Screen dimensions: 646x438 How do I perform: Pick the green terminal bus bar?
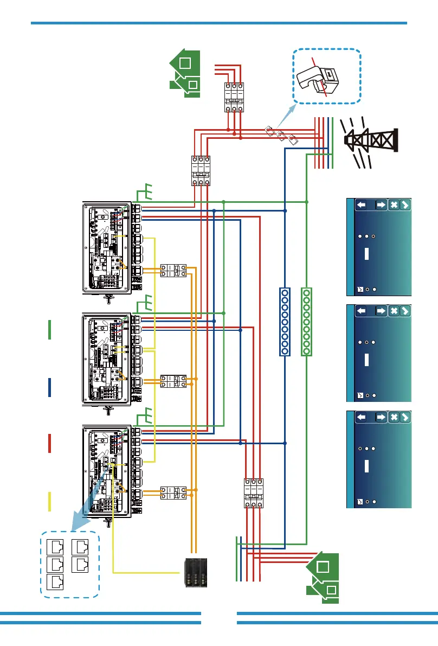[307, 322]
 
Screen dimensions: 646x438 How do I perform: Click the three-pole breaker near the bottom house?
[253, 494]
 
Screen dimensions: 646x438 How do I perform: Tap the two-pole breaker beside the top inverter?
[173, 271]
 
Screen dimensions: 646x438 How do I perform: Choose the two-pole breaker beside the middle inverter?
[173, 380]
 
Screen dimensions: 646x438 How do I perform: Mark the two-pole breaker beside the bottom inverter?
[173, 493]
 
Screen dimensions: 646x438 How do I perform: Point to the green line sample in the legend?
[50, 330]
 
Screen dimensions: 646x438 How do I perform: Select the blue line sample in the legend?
[50, 387]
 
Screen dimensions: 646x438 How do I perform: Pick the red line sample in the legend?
[50, 443]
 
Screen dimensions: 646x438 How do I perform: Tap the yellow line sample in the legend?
[50, 501]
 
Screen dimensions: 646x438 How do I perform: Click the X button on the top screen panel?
[394, 205]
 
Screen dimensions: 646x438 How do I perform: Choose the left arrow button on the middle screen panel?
[363, 311]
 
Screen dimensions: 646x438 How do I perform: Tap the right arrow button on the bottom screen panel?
[380, 417]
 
